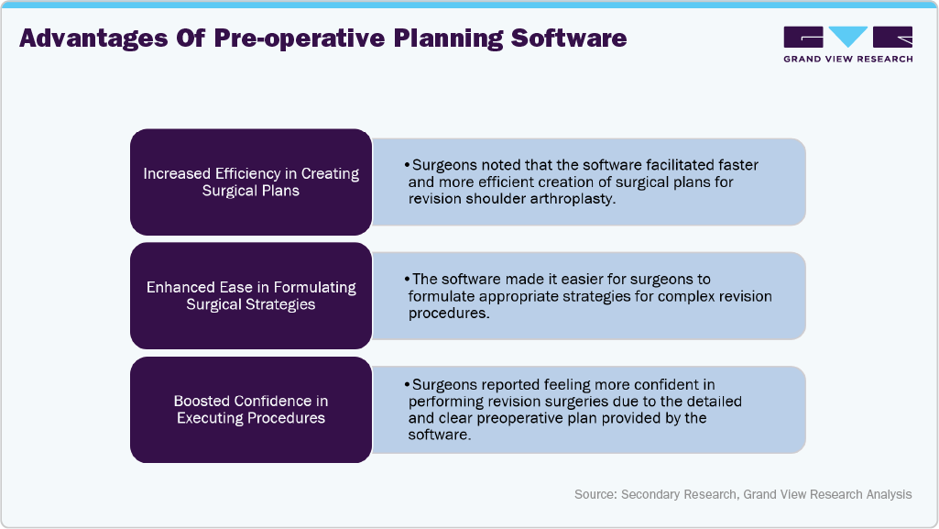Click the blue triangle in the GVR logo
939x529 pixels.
pyautogui.click(x=848, y=37)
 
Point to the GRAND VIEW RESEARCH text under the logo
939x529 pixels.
pyautogui.click(x=847, y=59)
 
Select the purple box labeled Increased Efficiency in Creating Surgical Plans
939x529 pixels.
pyautogui.click(x=250, y=182)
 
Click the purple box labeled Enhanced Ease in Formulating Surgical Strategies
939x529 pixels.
pyautogui.click(x=250, y=295)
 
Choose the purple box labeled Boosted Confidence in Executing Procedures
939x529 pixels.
pyautogui.click(x=250, y=409)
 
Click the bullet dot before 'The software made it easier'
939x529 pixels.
pyautogui.click(x=407, y=279)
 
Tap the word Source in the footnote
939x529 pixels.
pyautogui.click(x=595, y=494)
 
